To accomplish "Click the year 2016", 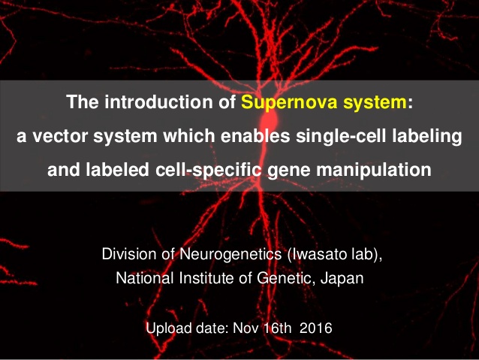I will (x=315, y=328).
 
